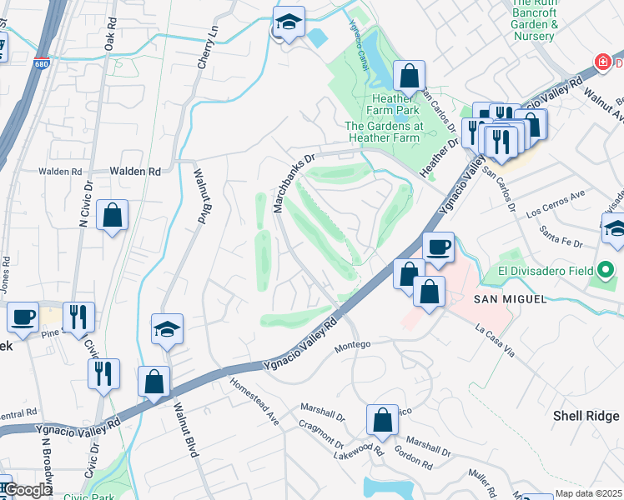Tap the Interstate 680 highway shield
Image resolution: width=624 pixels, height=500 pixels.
[43, 63]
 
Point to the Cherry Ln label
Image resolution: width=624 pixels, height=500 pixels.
[212, 41]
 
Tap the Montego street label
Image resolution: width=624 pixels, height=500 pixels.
[351, 346]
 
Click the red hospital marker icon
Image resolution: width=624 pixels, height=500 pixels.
[601, 62]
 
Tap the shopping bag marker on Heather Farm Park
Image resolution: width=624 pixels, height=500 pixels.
[409, 77]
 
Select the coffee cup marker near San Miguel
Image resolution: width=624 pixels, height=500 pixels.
[438, 246]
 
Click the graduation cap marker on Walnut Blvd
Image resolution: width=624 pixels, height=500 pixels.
[167, 329]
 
